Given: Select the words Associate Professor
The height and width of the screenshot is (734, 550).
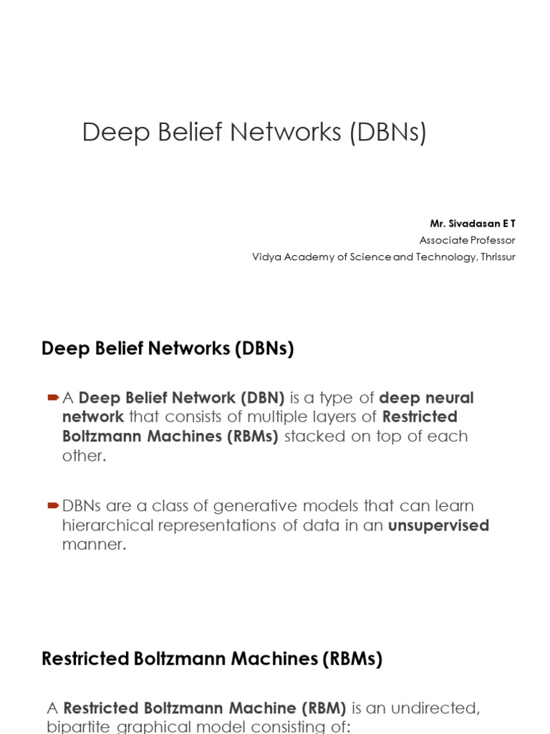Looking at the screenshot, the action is coord(467,240).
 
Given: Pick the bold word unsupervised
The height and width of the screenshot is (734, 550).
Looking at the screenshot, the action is coord(438,525).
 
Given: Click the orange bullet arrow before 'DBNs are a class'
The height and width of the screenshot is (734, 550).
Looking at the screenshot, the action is coord(52,506).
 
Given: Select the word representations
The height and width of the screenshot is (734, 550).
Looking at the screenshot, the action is coord(234,525).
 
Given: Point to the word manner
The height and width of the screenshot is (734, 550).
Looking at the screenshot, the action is coord(94,545).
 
